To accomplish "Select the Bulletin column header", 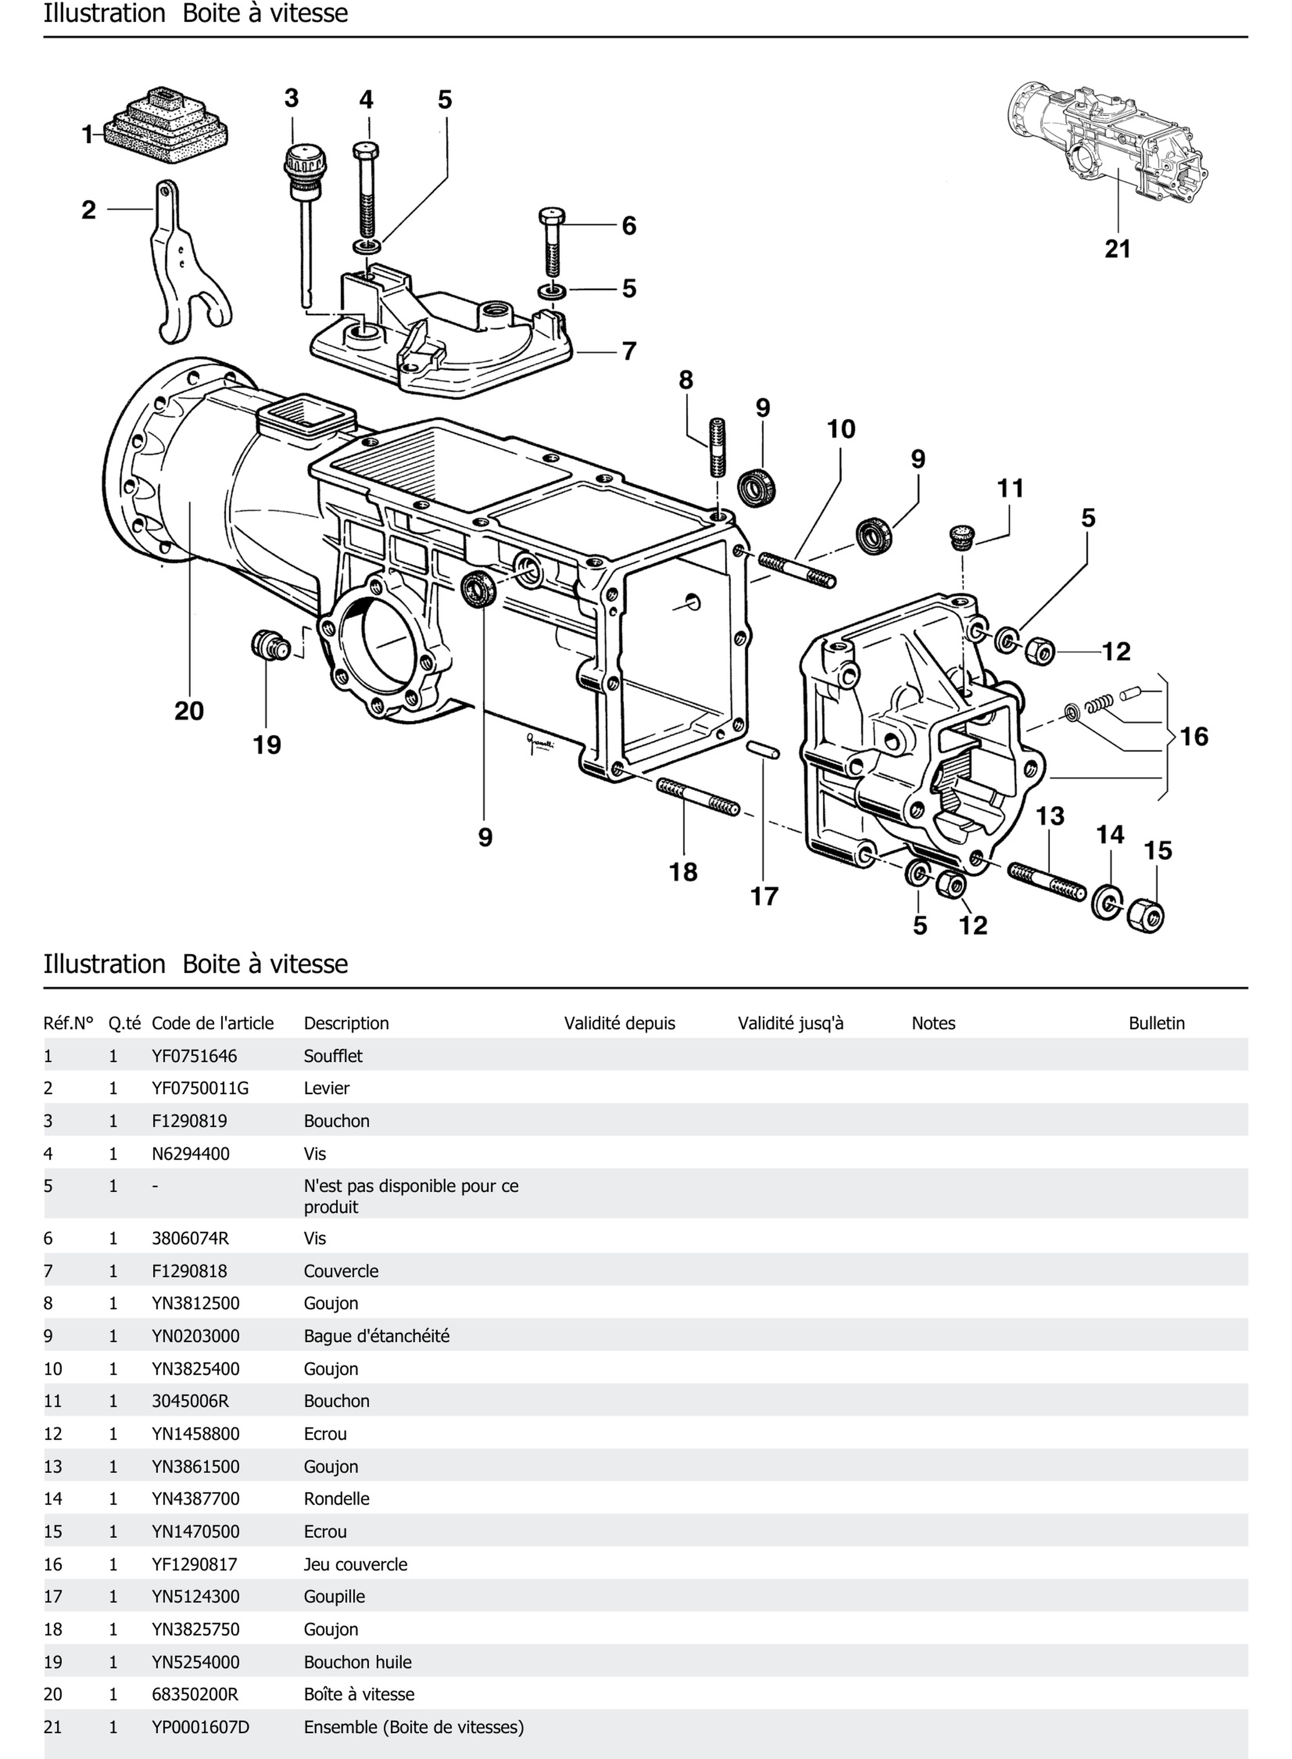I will coord(1156,1023).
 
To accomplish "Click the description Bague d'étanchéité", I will coord(376,1336).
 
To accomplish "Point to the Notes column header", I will coord(933,1023).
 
